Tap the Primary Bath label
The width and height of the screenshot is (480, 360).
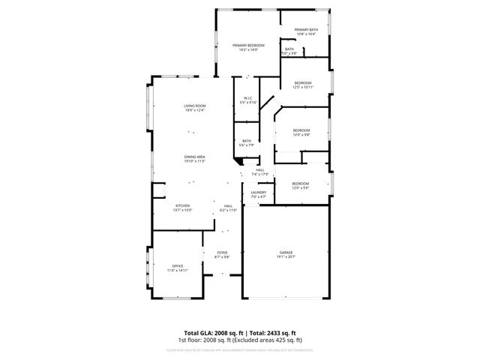[x=305, y=30]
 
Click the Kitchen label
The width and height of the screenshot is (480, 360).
[x=183, y=205]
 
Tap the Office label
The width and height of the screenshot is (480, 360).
[x=178, y=265]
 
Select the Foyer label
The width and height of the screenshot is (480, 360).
[x=222, y=252]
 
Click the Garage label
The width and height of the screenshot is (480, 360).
[x=286, y=252]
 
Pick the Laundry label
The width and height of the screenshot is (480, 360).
[x=259, y=193]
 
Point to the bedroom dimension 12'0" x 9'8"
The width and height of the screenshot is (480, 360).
[x=301, y=135]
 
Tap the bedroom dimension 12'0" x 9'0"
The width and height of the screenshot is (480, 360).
[x=300, y=187]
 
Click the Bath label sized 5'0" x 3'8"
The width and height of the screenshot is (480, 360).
[x=289, y=53]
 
